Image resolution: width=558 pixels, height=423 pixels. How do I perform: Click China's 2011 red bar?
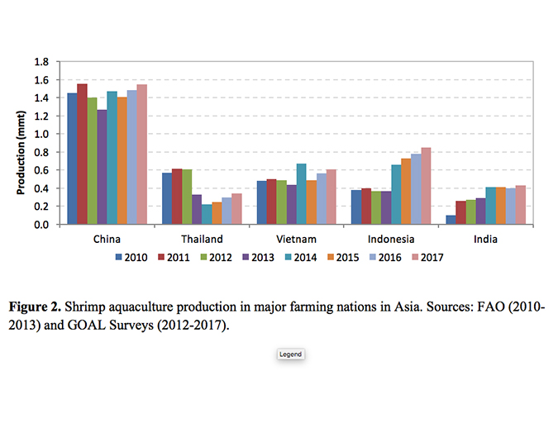(x=82, y=154)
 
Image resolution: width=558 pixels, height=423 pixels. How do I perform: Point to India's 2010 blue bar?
(x=451, y=220)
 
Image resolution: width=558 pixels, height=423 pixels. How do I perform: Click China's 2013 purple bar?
(x=102, y=167)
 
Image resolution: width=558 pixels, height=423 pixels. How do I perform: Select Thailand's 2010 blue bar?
(x=167, y=198)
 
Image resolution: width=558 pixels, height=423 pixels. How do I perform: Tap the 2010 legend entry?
(x=131, y=257)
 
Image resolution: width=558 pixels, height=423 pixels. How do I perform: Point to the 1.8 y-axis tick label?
(x=41, y=62)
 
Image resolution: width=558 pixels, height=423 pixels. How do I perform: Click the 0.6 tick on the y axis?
(x=41, y=170)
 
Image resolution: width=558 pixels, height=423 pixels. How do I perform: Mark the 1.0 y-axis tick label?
(x=41, y=134)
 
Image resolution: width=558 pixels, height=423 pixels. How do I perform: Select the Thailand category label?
(x=201, y=240)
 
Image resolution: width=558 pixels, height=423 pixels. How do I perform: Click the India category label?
(x=485, y=240)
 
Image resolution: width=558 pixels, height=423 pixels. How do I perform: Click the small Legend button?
(x=290, y=354)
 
